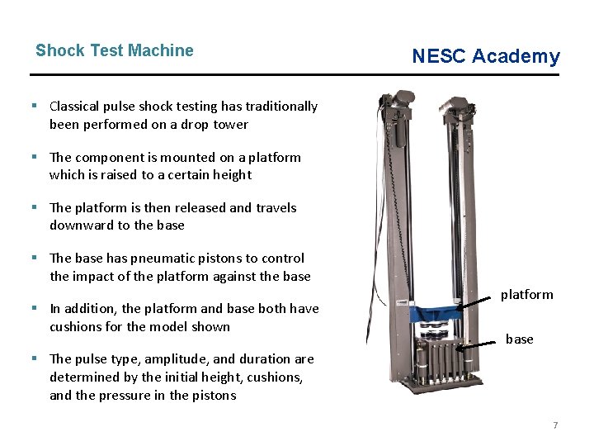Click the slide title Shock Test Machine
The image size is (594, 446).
click(x=115, y=50)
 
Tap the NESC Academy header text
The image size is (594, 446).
click(x=486, y=56)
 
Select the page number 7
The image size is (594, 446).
click(x=555, y=425)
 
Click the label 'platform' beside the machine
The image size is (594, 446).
click(x=527, y=295)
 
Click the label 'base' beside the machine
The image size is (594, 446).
click(x=519, y=339)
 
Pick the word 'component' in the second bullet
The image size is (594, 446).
click(x=109, y=157)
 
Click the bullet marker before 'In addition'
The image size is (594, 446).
click(x=39, y=309)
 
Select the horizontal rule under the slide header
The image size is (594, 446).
click(x=297, y=75)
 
